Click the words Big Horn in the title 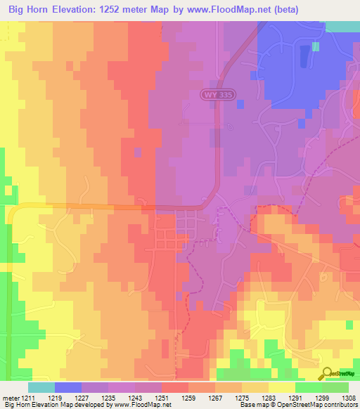pyautogui.click(x=28, y=10)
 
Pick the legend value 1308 pyautogui.click(x=349, y=398)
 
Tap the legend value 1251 pyautogui.click(x=162, y=398)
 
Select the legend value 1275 pyautogui.click(x=242, y=398)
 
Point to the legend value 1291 pyautogui.click(x=295, y=398)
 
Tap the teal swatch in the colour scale pyautogui.click(x=41, y=387)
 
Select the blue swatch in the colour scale pyautogui.click(x=68, y=387)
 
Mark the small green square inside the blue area pyautogui.click(x=316, y=46)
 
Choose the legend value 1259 pyautogui.click(x=188, y=398)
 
